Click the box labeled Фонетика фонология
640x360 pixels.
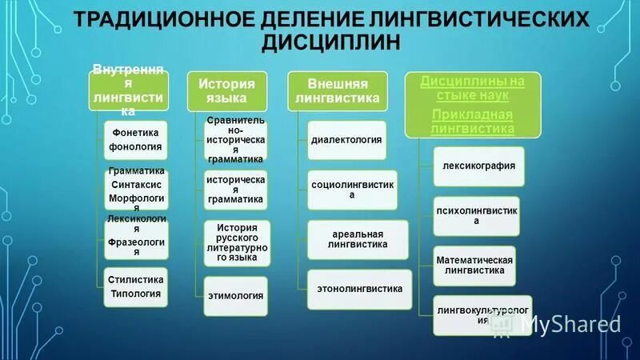135,139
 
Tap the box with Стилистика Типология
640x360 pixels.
135,286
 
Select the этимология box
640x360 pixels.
236,294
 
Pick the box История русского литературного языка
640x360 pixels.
236,243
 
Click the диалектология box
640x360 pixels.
346,140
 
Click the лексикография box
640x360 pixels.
478,166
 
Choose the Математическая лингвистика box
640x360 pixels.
474,266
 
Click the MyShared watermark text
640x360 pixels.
570,323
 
